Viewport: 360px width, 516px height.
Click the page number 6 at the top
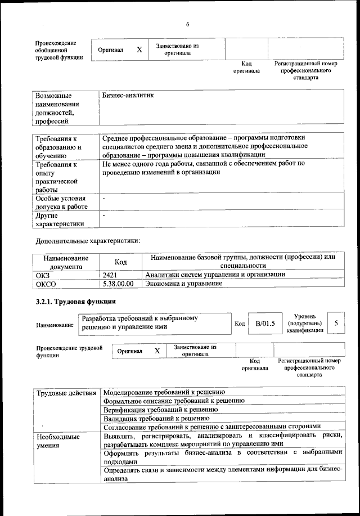tap(187, 24)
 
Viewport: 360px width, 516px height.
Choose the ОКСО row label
tap(45, 284)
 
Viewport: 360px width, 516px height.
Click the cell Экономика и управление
tap(183, 284)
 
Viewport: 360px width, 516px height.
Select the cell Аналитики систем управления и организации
tap(214, 275)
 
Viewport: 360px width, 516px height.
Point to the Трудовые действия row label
tap(66, 392)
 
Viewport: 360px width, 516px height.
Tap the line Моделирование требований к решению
tap(164, 392)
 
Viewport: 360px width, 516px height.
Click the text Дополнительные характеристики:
tap(87, 241)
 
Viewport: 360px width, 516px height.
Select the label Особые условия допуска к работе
tap(60, 203)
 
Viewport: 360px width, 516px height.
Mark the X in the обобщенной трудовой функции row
tap(139, 50)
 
